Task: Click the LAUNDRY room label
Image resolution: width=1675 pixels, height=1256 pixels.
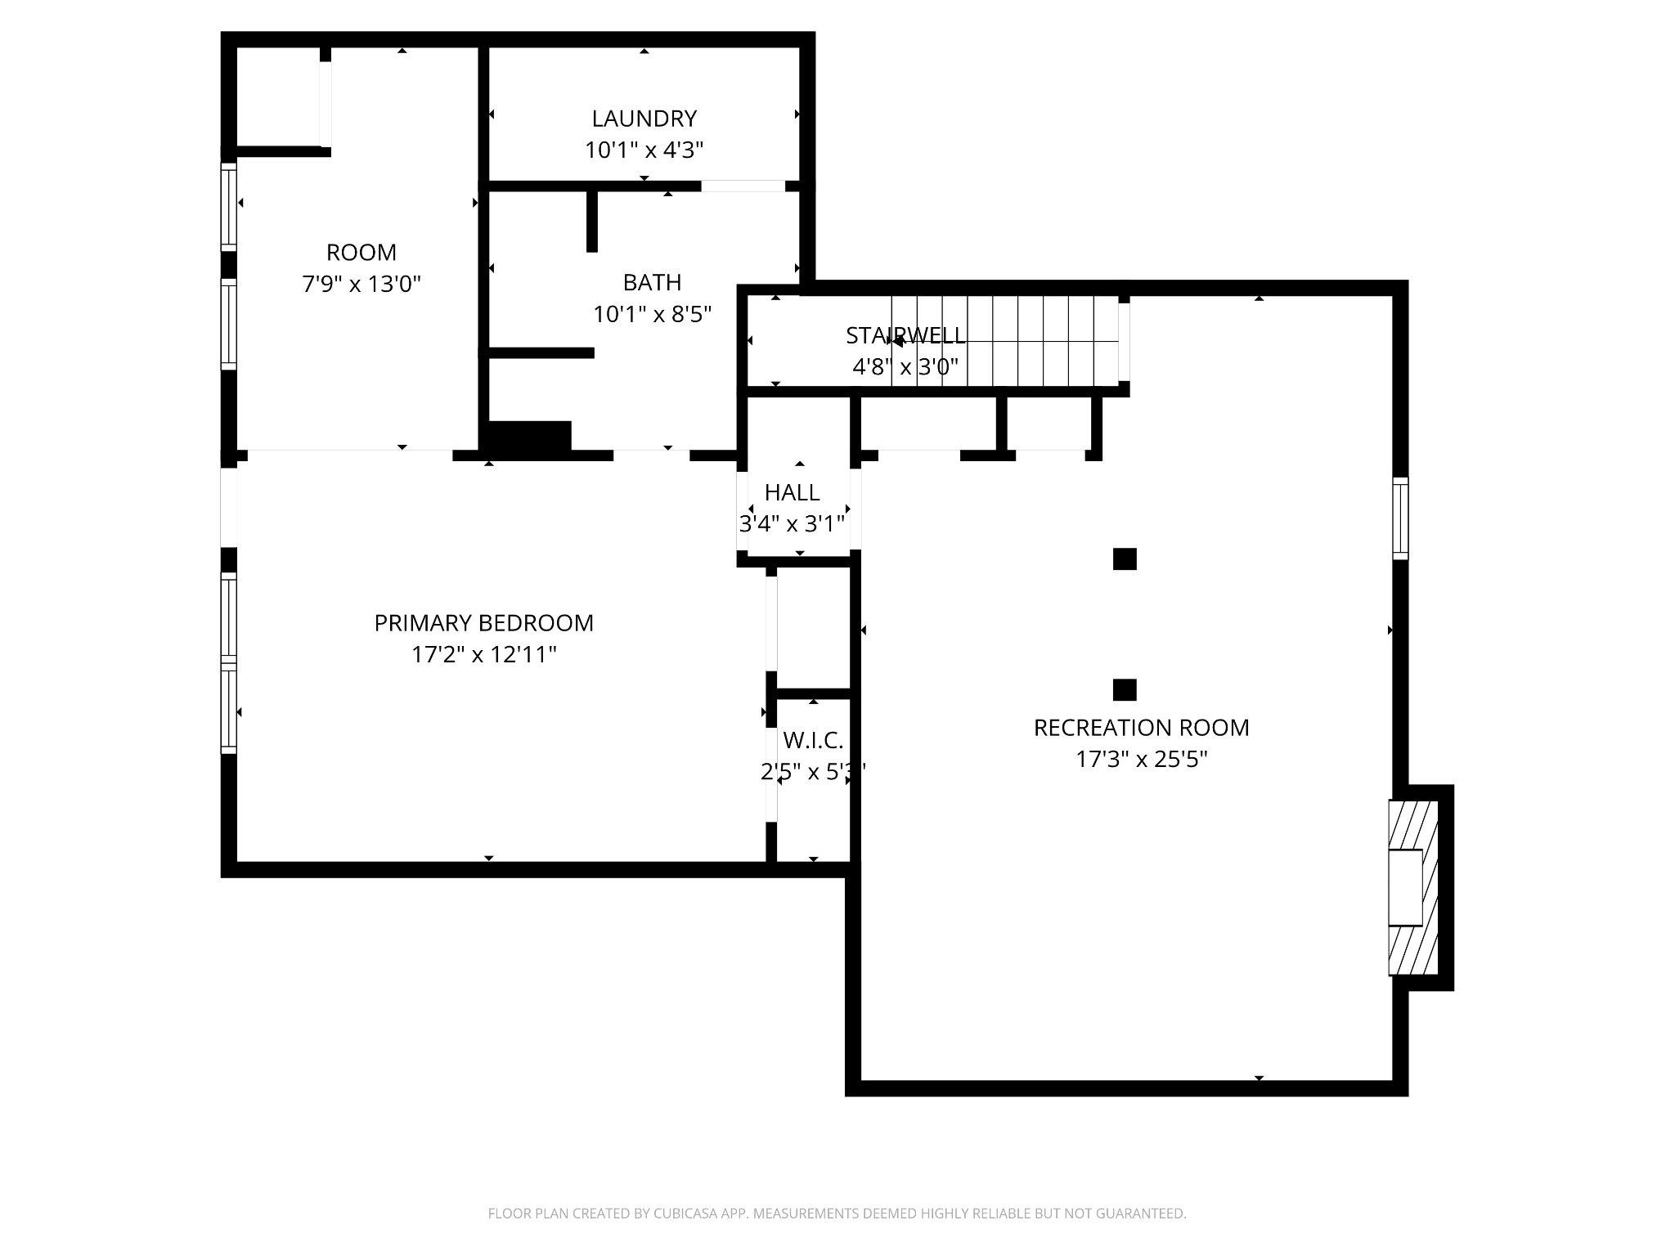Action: [x=644, y=119]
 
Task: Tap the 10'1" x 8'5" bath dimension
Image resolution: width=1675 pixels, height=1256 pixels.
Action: [x=652, y=314]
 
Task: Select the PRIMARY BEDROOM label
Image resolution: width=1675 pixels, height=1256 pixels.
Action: [x=483, y=623]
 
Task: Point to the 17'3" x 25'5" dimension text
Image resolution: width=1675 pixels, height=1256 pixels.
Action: [x=1141, y=760]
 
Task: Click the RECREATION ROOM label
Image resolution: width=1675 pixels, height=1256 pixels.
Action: [x=1141, y=728]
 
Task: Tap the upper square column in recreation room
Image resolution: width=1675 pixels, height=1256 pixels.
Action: [x=1125, y=559]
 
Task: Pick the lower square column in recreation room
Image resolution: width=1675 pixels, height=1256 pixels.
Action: [x=1125, y=690]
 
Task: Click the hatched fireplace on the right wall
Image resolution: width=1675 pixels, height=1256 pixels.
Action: [x=1412, y=887]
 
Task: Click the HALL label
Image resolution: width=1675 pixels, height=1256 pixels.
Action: [x=792, y=492]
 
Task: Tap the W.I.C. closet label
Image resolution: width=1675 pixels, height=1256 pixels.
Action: [x=813, y=741]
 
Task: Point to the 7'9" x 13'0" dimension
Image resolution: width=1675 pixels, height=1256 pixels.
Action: [x=361, y=285]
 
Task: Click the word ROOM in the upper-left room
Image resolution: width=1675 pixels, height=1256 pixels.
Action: [x=361, y=252]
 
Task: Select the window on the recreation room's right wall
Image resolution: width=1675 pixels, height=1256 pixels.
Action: [x=1400, y=518]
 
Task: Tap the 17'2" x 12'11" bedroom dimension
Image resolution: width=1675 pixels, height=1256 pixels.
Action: [x=483, y=655]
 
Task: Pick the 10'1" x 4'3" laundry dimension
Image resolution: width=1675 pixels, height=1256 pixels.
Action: [x=644, y=150]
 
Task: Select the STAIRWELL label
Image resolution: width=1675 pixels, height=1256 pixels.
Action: [x=905, y=335]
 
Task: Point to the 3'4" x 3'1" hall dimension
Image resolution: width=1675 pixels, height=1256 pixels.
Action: [x=792, y=524]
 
